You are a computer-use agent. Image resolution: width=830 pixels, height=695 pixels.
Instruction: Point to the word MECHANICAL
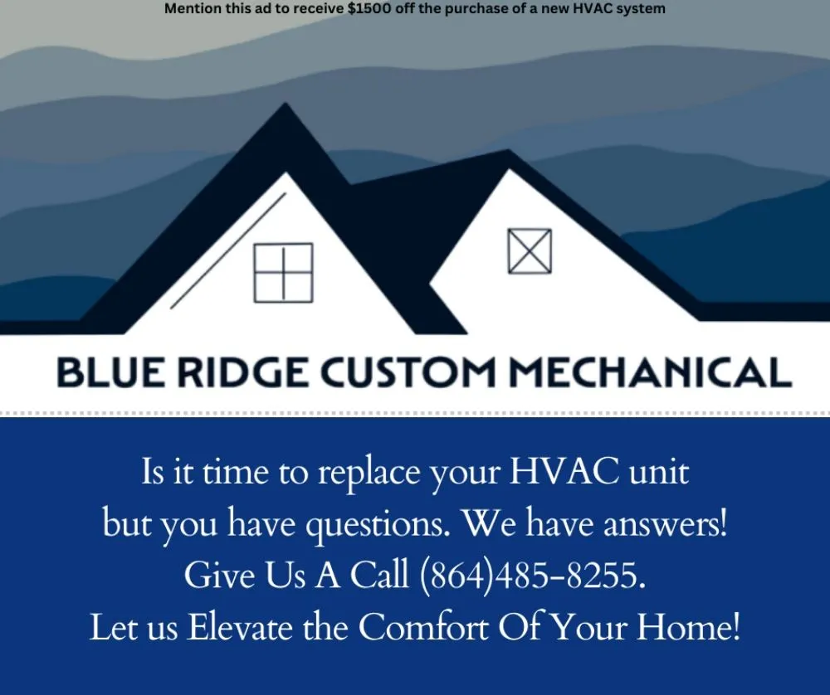coord(649,372)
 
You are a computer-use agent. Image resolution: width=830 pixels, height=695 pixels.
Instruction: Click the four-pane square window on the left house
coord(283,272)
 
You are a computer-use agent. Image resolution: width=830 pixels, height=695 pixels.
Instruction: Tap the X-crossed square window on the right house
coord(530,250)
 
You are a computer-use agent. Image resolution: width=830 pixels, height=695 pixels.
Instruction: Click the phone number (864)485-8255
coord(532,575)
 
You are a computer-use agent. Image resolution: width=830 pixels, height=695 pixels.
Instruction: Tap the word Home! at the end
coord(688,628)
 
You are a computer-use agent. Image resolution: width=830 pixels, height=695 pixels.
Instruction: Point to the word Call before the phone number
coord(378,575)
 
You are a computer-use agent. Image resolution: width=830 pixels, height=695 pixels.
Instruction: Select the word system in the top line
coord(642,9)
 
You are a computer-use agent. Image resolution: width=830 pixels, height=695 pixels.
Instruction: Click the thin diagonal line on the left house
coord(228,250)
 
